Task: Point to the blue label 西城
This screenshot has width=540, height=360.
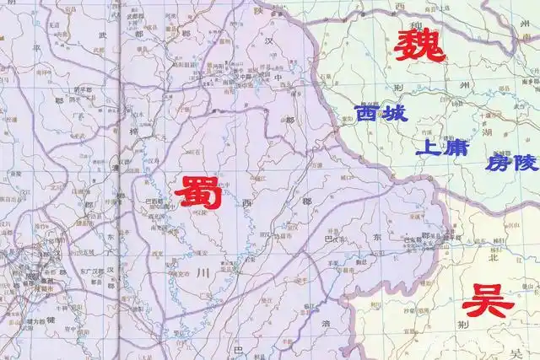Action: [x=381, y=114]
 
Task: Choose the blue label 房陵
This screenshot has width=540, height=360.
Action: [x=510, y=163]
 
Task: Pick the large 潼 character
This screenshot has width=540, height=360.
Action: [x=114, y=169]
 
